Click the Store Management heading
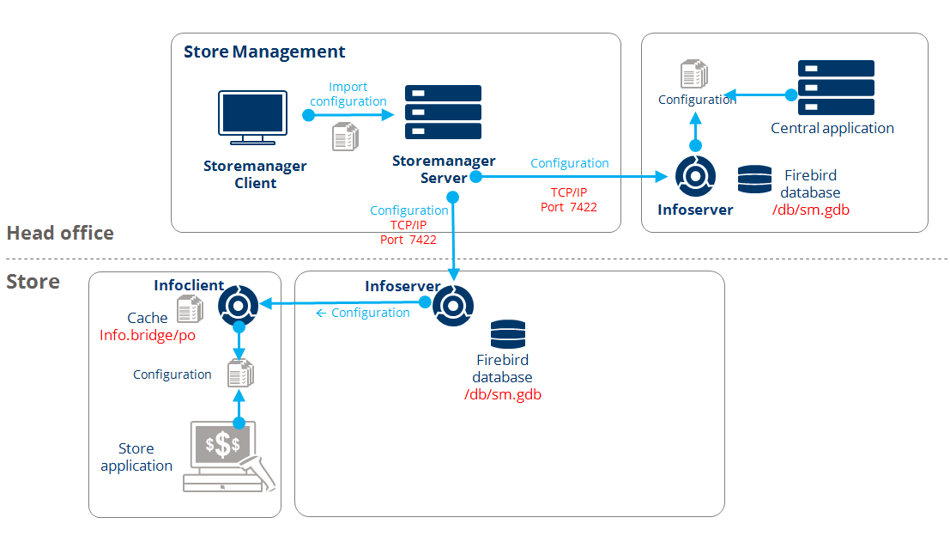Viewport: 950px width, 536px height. point(264,52)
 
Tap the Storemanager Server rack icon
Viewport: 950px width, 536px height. point(443,112)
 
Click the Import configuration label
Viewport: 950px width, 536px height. point(348,94)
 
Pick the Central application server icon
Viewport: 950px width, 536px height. point(835,88)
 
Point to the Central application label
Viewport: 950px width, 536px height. point(832,129)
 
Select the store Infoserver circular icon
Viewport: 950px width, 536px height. point(452,303)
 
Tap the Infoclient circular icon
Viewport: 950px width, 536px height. point(239,303)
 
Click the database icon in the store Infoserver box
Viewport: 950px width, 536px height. point(507,333)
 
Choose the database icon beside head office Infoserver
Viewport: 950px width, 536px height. point(754,180)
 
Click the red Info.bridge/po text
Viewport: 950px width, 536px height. point(148,335)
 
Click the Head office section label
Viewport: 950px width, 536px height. point(60,233)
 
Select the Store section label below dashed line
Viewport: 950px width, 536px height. point(33,282)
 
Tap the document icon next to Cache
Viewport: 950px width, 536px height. point(189,309)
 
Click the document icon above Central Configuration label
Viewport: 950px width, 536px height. point(693,74)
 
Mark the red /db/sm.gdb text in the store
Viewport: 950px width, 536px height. point(502,394)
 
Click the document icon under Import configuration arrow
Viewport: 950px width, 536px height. point(345,136)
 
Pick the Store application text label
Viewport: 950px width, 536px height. point(136,457)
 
